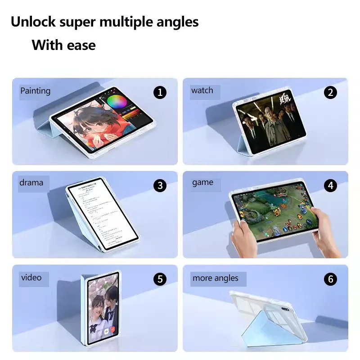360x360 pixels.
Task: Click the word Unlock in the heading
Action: (x=34, y=22)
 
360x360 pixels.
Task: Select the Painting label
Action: (x=35, y=90)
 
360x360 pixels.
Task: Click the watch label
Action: (x=202, y=90)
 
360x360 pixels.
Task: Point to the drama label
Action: (x=31, y=182)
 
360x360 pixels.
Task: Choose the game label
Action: (x=202, y=182)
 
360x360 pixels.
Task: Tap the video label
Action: (x=31, y=277)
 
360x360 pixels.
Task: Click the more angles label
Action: (x=215, y=278)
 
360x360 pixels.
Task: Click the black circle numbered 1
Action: (x=160, y=93)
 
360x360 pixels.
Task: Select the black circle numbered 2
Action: (x=330, y=93)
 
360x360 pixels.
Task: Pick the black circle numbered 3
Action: (x=160, y=185)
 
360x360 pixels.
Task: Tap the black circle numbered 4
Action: (x=330, y=185)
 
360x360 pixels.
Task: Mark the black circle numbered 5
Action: (x=160, y=279)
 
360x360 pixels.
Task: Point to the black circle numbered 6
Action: (x=330, y=279)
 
